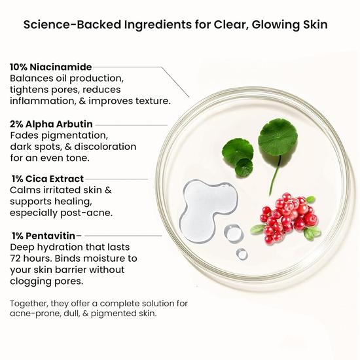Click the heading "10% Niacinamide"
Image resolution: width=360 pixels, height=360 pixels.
(x=51, y=67)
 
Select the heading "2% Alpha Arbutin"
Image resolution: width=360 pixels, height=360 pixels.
(x=51, y=123)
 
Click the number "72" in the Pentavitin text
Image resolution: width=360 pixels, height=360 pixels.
(x=18, y=258)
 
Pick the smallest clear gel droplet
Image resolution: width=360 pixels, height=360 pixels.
(x=242, y=253)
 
